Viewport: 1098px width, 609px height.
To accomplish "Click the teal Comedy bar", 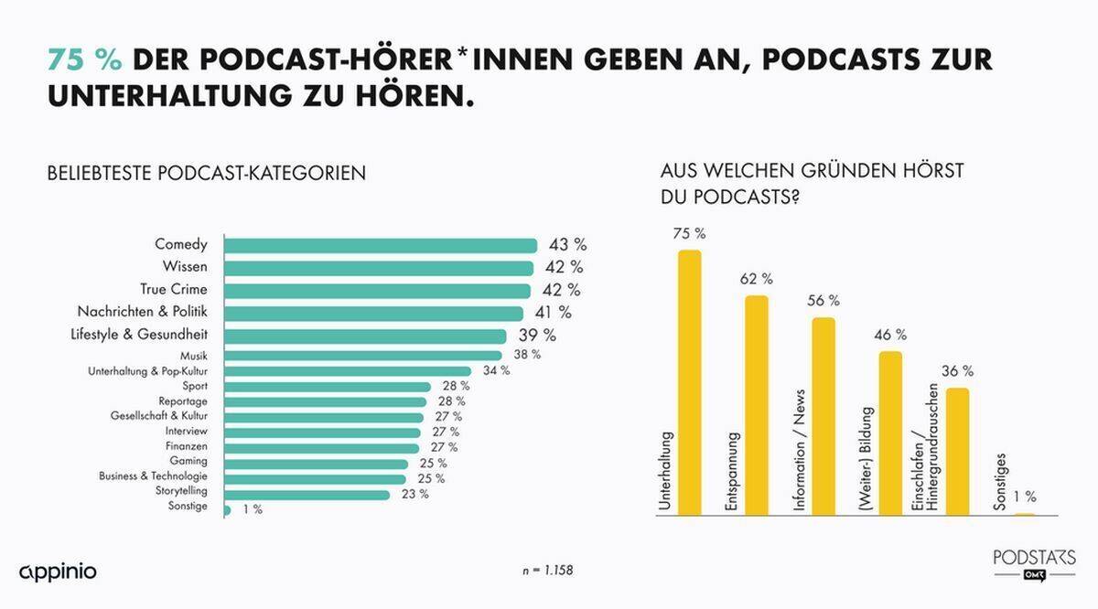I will coord(380,245).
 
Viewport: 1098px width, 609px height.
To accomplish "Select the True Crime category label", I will coord(175,290).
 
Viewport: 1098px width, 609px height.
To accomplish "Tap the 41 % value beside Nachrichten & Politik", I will coord(553,313).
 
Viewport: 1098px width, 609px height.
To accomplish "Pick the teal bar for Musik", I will coord(362,355).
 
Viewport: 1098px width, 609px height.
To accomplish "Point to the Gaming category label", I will coord(188,461).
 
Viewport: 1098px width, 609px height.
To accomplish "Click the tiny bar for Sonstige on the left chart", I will coord(227,508).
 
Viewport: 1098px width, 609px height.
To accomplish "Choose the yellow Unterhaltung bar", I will coord(689,382).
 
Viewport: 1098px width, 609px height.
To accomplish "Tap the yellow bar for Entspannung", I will coord(757,405).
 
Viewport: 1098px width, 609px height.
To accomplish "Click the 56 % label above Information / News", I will coord(823,301).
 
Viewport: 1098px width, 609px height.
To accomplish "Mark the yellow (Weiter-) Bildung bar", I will coord(890,433).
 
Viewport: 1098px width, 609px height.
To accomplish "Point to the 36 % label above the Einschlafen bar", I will coord(957,371).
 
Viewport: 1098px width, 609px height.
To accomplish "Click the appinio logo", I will coord(58,572).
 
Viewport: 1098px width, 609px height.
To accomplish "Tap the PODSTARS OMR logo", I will coord(1035,563).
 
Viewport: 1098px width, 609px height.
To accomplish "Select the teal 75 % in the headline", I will coord(85,59).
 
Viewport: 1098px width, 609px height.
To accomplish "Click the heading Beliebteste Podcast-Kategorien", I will coord(207,173).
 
